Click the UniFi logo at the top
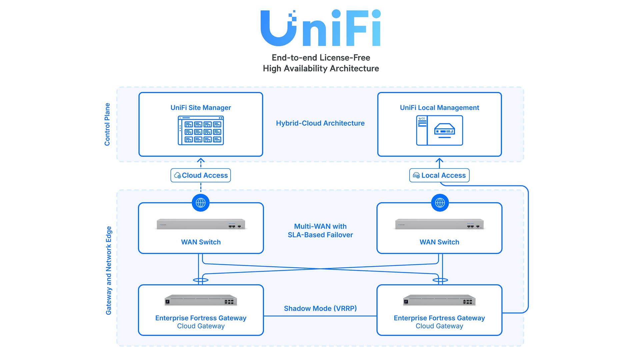pos(320,28)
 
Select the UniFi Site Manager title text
pos(201,108)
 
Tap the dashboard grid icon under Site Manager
pos(201,130)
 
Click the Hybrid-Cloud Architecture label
pos(320,123)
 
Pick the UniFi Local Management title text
pos(439,108)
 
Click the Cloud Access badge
pos(201,175)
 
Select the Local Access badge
pos(439,175)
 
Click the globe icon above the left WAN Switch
pos(201,203)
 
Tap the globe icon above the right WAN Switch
pos(440,203)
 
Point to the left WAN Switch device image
pos(201,224)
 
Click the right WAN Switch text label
pos(439,242)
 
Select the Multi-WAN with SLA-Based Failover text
pos(320,231)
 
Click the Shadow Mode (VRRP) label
pos(320,309)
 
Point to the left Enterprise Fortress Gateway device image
pos(201,301)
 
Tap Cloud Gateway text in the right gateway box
pos(439,326)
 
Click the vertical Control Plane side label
pos(107,124)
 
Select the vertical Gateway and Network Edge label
pos(109,270)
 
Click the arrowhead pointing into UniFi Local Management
pos(439,160)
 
